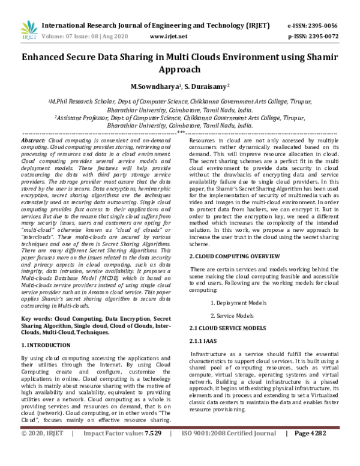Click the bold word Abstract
[x=33, y=139]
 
